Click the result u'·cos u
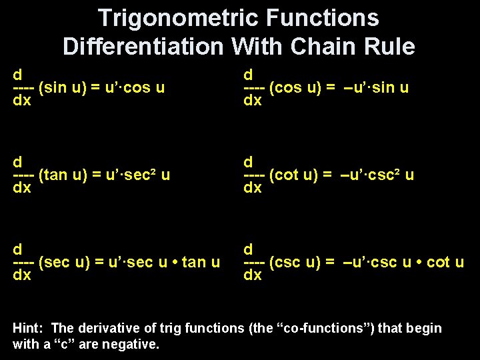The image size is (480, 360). click(x=133, y=87)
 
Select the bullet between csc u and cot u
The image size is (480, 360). click(x=419, y=262)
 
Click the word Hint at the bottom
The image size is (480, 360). click(x=27, y=328)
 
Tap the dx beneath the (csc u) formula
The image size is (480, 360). click(x=253, y=275)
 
